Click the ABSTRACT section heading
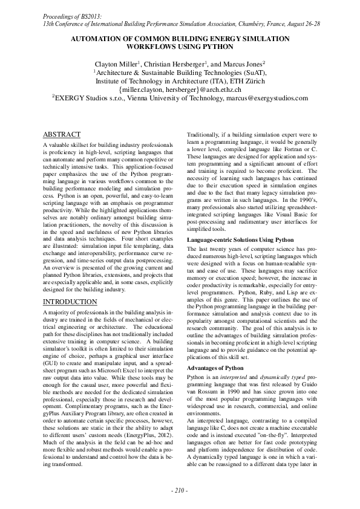tap(62, 134)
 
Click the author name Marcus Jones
tap(244, 63)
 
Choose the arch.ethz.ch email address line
tap(180, 88)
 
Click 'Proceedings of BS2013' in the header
tap(68, 13)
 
